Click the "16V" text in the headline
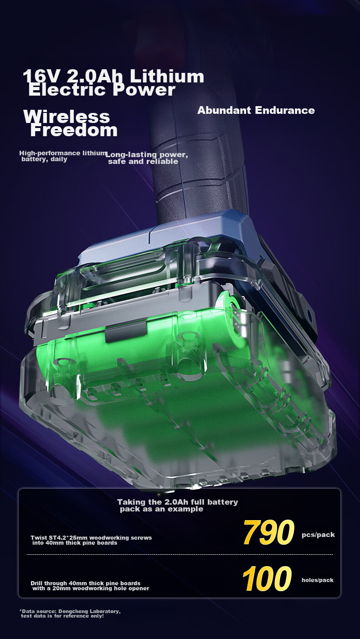(41, 76)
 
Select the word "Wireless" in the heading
(67, 117)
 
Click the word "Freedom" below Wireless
(74, 130)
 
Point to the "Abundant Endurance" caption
(256, 110)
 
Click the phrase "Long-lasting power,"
(147, 155)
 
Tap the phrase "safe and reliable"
(143, 162)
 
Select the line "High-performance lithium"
(63, 153)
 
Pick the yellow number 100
(267, 578)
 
